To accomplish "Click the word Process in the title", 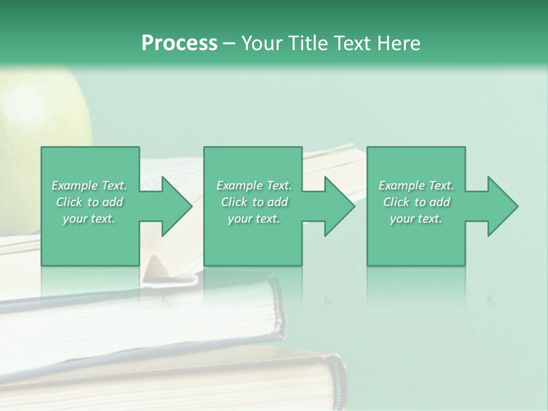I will [x=179, y=43].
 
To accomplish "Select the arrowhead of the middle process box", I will [x=336, y=206].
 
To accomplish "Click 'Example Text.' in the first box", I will [x=90, y=186].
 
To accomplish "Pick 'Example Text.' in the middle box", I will [x=254, y=186].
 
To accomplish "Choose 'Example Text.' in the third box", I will [x=416, y=186].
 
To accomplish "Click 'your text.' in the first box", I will [x=89, y=219].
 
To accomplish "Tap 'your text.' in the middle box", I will [x=254, y=219].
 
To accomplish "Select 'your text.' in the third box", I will [x=416, y=219].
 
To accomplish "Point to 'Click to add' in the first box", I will [x=90, y=202].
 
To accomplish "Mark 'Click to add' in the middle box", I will [x=254, y=202].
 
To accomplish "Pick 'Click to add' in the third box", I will [x=416, y=202].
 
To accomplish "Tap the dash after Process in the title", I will [x=228, y=43].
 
